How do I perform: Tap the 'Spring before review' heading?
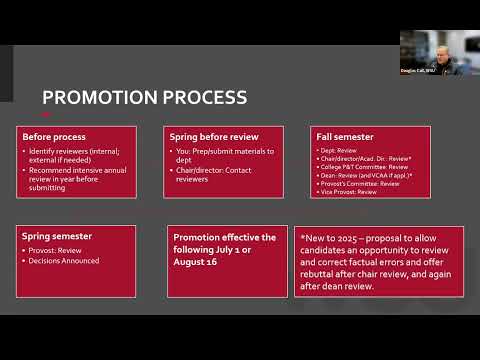point(212,136)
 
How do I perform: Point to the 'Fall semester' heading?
point(337,136)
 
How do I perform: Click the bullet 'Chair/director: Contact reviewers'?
point(217,172)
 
